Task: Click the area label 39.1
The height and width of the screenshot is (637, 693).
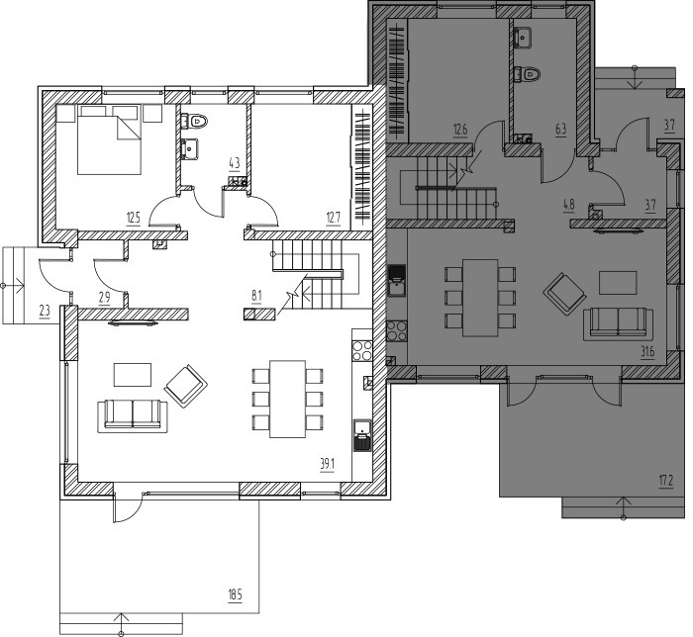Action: (x=327, y=464)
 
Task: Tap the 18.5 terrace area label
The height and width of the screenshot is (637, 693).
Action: (x=236, y=595)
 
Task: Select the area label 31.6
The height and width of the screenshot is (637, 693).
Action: (x=647, y=352)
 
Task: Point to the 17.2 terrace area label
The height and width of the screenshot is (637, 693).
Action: (x=666, y=481)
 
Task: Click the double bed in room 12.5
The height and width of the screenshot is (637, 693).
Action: (x=109, y=139)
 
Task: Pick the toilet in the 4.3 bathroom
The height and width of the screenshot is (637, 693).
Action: (x=194, y=121)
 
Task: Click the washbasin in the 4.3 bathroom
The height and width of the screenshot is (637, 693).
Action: (x=190, y=148)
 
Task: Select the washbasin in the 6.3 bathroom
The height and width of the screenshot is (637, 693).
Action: (x=524, y=37)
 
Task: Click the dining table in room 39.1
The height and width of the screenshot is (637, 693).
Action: (x=288, y=399)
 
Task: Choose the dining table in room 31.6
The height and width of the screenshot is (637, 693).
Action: (x=480, y=298)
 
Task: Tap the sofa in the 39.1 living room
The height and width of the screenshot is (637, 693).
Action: (x=132, y=415)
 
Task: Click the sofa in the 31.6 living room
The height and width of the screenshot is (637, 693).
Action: (x=619, y=324)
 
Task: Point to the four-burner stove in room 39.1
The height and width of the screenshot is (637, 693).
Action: (x=362, y=350)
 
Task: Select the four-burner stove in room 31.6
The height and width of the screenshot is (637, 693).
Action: (x=397, y=331)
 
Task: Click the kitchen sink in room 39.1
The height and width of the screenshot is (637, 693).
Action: (x=362, y=435)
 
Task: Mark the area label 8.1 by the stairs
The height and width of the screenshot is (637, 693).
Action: (x=256, y=296)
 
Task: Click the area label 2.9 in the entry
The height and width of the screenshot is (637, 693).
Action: (x=104, y=298)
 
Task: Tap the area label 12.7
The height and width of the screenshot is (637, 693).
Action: (x=334, y=218)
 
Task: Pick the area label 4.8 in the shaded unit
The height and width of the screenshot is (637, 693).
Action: (x=569, y=205)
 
